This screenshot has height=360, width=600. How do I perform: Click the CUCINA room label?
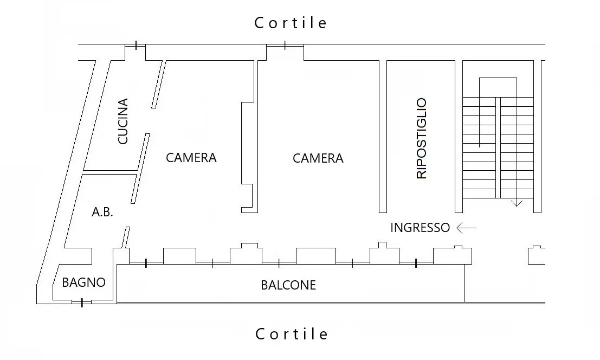(123, 121)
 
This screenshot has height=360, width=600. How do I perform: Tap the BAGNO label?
(84, 282)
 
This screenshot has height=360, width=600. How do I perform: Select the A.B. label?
(102, 212)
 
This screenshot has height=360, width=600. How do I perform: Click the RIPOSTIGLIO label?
(421, 138)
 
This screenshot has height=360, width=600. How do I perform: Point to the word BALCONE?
(288, 285)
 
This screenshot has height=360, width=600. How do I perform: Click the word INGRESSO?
(420, 228)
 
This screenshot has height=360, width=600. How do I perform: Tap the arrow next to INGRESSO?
(467, 228)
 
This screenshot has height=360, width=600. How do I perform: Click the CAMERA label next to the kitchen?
(191, 158)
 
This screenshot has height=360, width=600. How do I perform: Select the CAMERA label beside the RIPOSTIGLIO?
(318, 158)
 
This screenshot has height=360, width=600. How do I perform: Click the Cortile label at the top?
(291, 23)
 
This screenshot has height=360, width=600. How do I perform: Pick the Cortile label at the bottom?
(292, 334)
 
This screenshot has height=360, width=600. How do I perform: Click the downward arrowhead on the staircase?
(517, 203)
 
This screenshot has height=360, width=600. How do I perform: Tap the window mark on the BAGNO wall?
(82, 304)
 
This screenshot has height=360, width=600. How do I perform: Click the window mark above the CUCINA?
(136, 45)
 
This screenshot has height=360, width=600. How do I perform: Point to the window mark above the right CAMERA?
(285, 46)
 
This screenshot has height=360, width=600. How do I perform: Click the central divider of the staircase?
(498, 147)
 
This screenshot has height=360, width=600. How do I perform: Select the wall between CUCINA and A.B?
(110, 172)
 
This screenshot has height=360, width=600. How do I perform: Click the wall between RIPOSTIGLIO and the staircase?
(459, 137)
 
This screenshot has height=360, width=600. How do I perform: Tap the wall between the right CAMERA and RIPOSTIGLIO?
(383, 137)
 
